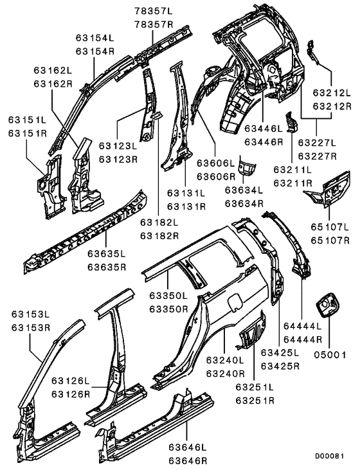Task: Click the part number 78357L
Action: pyautogui.click(x=154, y=11)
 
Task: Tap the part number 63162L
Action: pyautogui.click(x=53, y=69)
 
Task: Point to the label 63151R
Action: pyautogui.click(x=27, y=134)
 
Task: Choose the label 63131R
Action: pyautogui.click(x=186, y=206)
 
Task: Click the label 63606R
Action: pyautogui.click(x=215, y=176)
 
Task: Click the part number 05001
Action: pyautogui.click(x=328, y=354)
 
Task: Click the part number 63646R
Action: pyautogui.click(x=187, y=460)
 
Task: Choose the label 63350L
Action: pyautogui.click(x=168, y=296)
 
